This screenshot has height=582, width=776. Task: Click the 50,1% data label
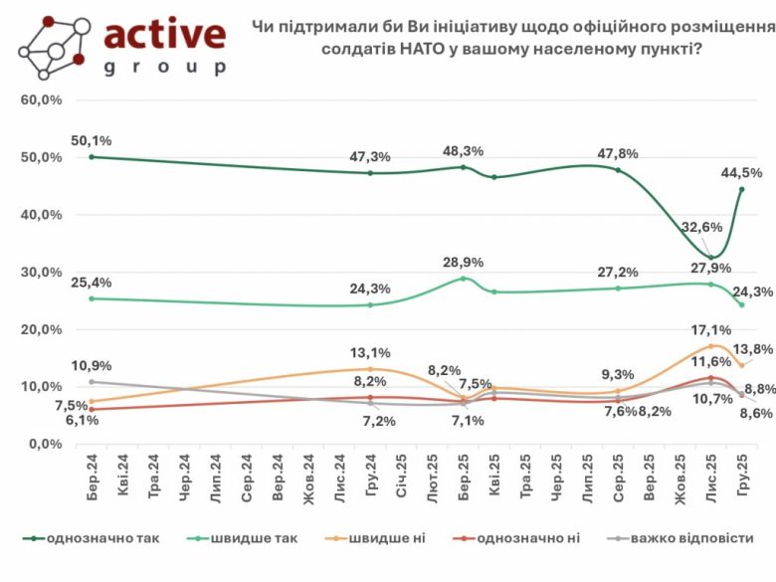(x=92, y=140)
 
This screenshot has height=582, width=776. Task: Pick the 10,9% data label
(x=92, y=365)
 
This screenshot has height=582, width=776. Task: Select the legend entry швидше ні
(x=384, y=538)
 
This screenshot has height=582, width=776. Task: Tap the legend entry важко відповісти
(x=695, y=538)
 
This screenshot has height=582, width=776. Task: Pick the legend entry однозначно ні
(x=528, y=538)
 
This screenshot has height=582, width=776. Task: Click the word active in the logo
(x=164, y=35)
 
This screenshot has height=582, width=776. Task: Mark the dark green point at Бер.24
(x=92, y=157)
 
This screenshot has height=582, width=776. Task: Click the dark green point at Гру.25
(x=742, y=189)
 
